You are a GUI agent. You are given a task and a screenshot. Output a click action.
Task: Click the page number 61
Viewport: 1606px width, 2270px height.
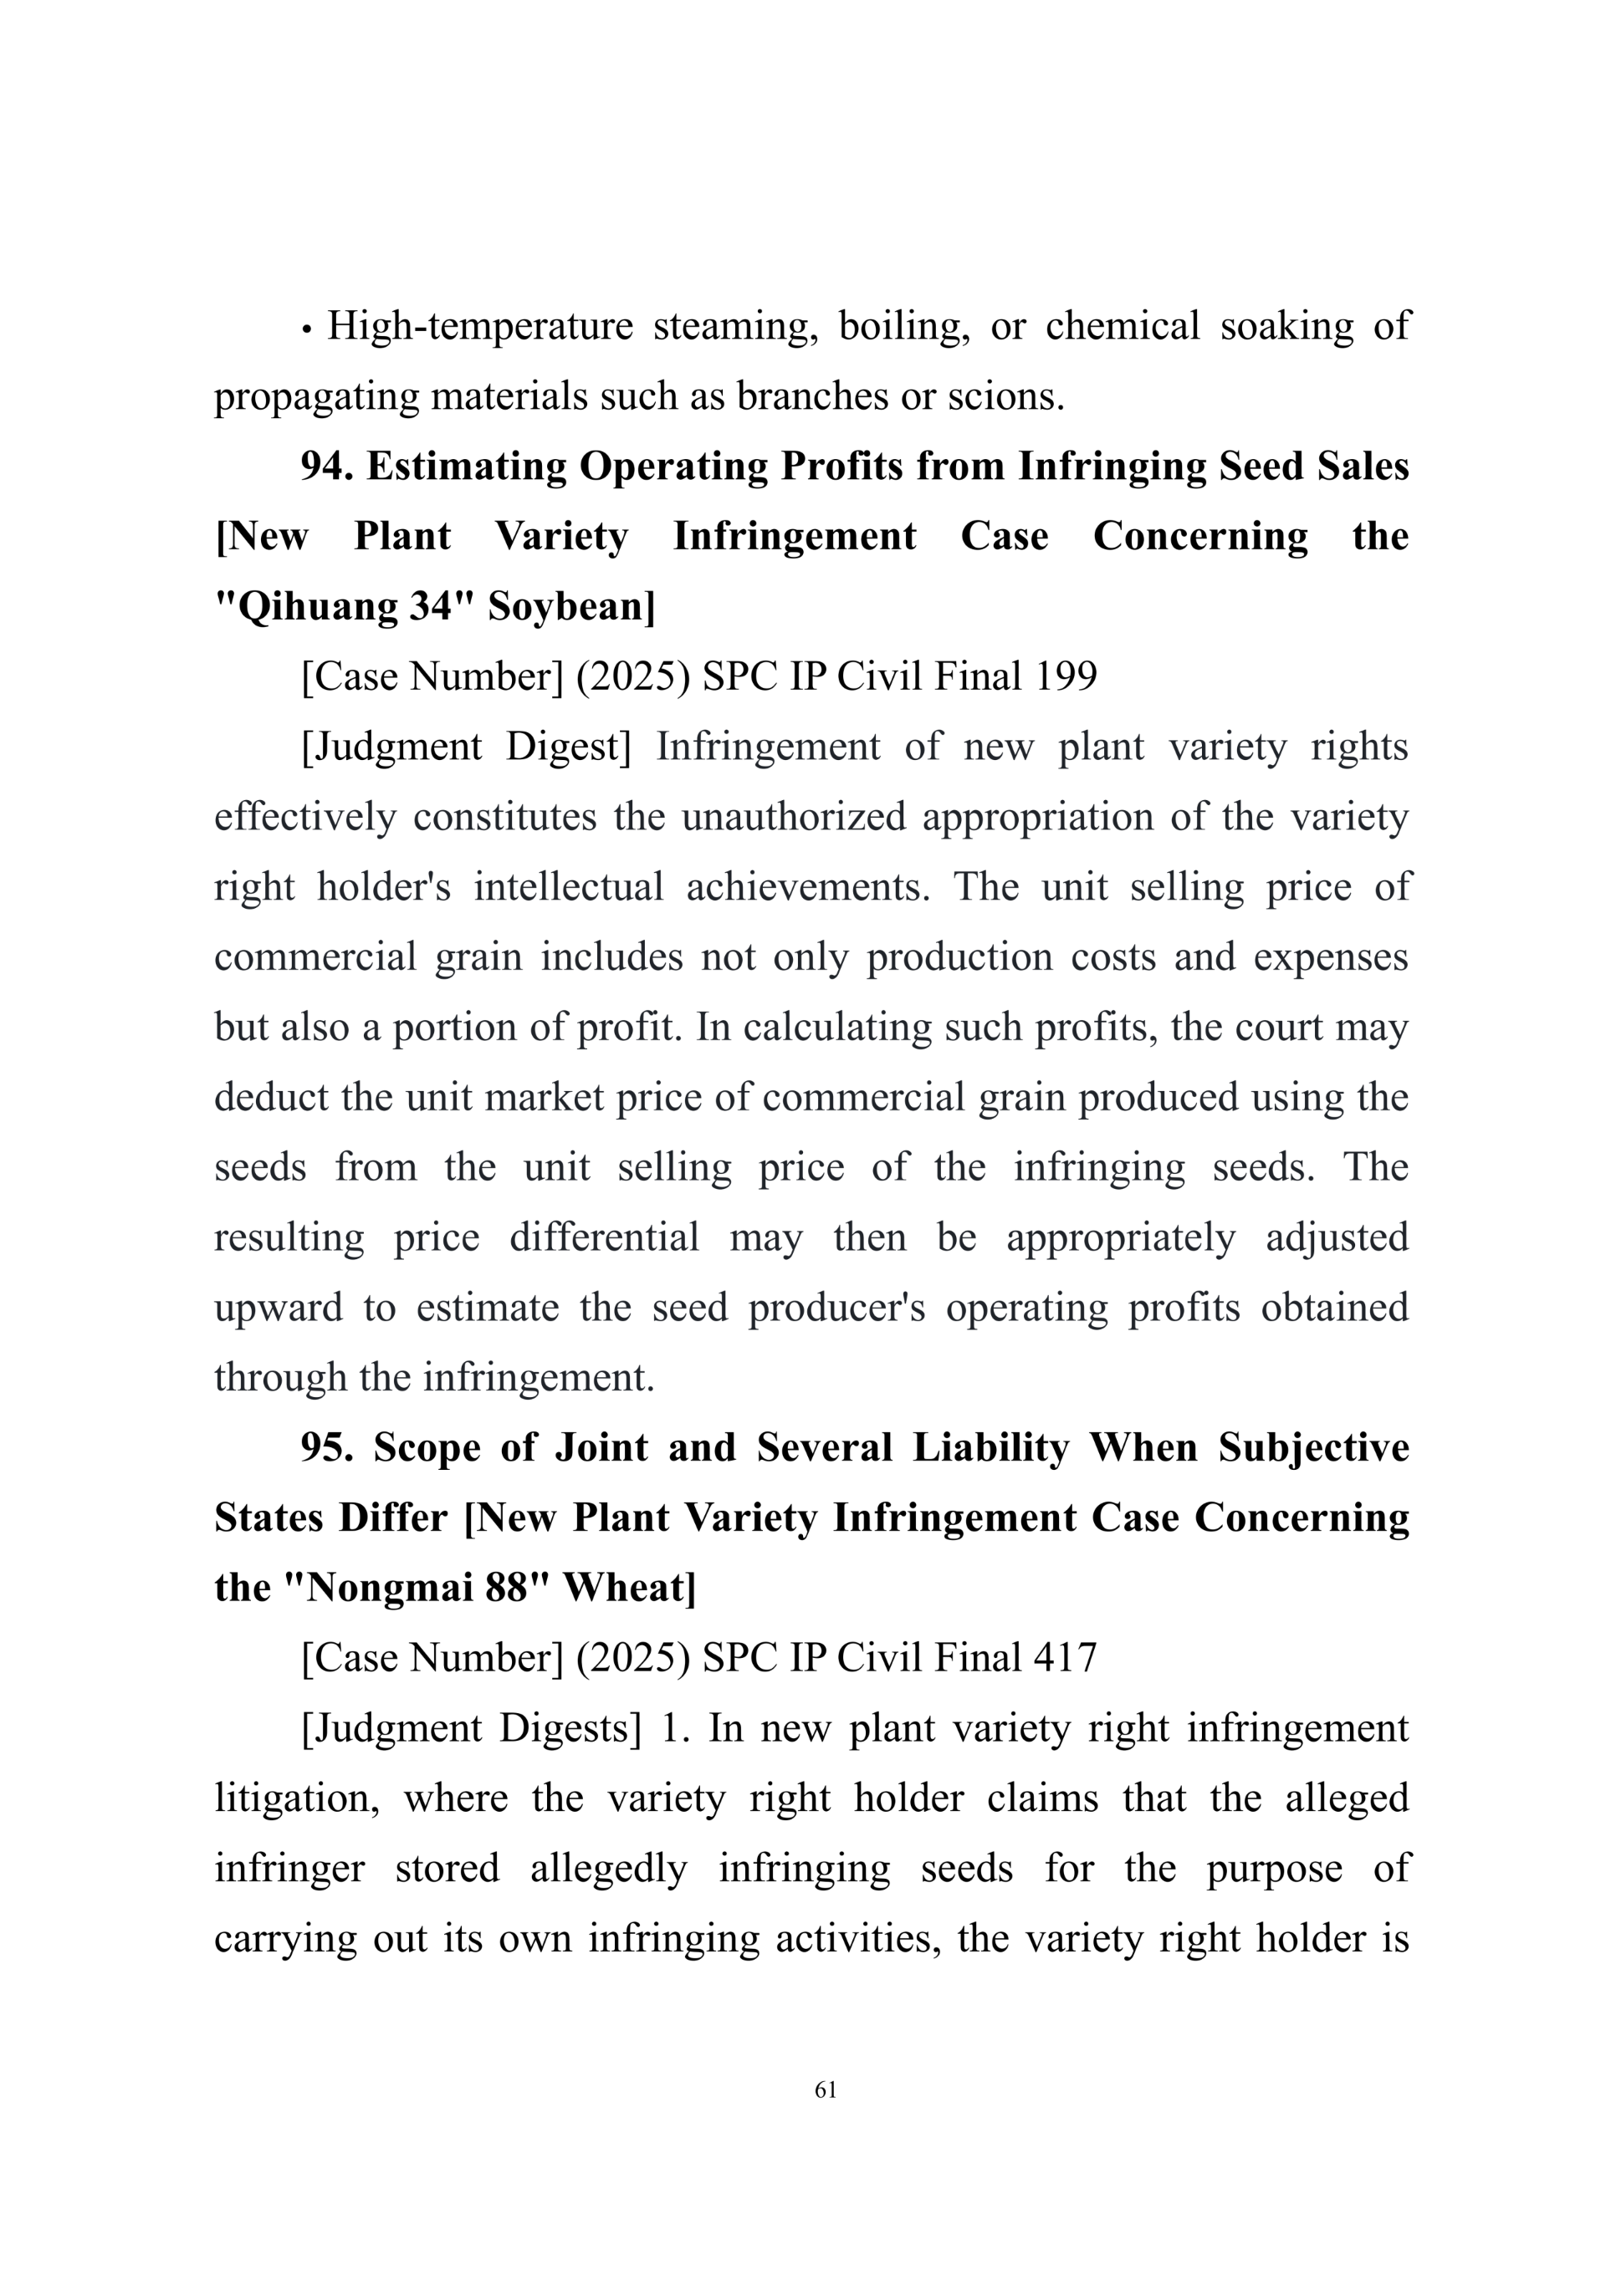tap(826, 2089)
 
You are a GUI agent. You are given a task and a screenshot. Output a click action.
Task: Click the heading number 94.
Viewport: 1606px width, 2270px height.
tap(326, 466)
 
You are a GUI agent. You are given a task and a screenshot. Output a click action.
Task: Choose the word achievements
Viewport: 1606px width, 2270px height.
tap(808, 887)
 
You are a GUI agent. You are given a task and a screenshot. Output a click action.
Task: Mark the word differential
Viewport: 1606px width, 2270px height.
tap(604, 1237)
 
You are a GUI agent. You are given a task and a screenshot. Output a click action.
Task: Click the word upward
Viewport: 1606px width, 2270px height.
tap(278, 1307)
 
